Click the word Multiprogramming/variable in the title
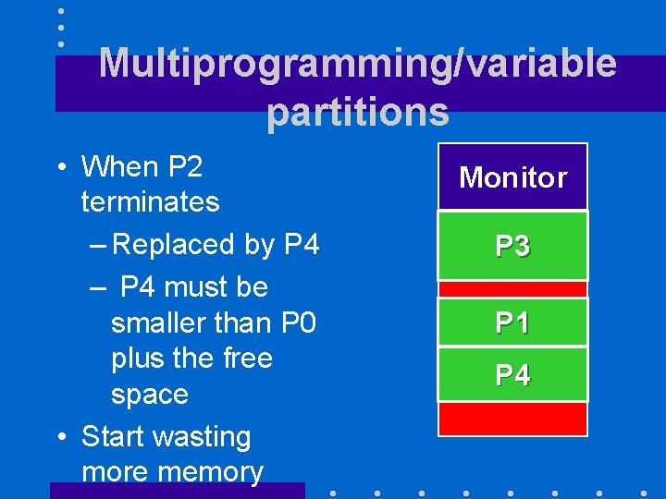(x=357, y=64)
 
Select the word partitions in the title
(x=357, y=112)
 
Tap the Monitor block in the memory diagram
(x=512, y=176)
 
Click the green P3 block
(x=512, y=246)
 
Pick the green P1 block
(x=512, y=323)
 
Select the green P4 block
(x=512, y=375)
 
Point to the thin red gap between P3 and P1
(x=512, y=289)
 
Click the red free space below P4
(x=512, y=419)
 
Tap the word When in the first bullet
(x=120, y=167)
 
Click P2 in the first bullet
(x=185, y=167)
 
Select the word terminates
(x=150, y=201)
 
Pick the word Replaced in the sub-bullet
(x=172, y=245)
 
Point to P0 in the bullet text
(x=295, y=323)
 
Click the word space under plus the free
(x=149, y=395)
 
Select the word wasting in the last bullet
(x=205, y=436)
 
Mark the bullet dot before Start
(x=59, y=437)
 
